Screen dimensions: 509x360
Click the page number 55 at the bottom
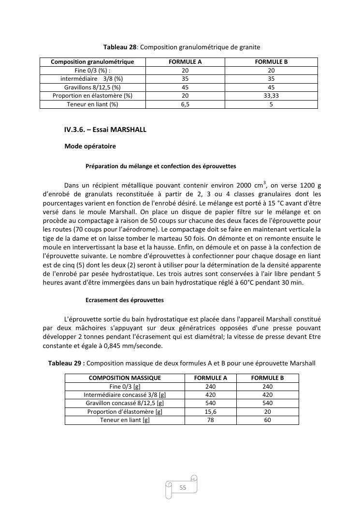point(183,488)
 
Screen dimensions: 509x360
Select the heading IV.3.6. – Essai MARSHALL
point(105,130)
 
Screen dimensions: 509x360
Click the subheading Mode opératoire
point(90,146)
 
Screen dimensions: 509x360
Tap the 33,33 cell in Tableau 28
point(271,96)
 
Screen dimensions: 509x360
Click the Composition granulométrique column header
point(92,62)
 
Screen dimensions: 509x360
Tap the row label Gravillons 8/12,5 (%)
point(92,87)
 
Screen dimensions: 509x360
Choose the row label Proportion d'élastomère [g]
point(125,412)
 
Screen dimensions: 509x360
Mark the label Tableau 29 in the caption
point(66,363)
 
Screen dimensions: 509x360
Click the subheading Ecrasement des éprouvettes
point(125,300)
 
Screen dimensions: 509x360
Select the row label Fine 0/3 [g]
point(125,386)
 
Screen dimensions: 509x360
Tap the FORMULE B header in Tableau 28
point(271,62)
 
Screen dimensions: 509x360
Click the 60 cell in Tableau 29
point(267,420)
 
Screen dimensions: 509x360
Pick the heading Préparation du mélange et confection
point(161,166)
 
